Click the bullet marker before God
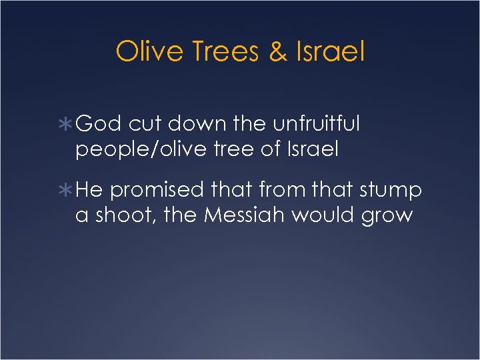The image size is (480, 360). pos(67,124)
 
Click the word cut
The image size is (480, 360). pos(145,124)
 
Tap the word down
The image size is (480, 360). pos(199,124)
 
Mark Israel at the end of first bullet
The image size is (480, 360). pos(314,150)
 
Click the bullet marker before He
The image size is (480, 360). pos(67,191)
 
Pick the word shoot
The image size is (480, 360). pos(121,217)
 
